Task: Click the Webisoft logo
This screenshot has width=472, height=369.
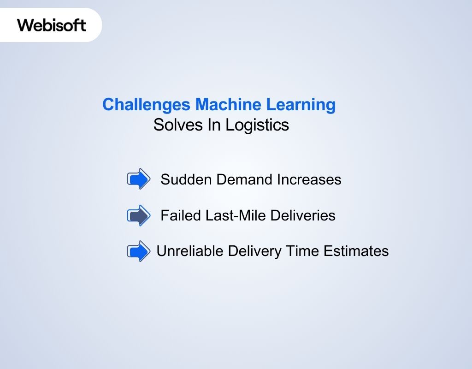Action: tap(52, 25)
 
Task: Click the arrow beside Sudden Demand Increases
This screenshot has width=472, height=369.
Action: tap(138, 179)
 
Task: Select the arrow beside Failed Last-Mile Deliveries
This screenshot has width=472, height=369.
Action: tap(138, 215)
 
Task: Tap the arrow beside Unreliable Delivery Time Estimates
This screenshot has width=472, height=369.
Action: tap(138, 251)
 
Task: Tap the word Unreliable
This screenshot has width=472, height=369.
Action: tap(190, 251)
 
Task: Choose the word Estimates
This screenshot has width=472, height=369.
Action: tap(356, 251)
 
